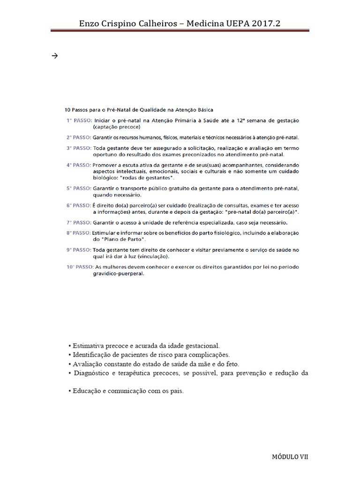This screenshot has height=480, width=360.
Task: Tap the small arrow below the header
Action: [54, 56]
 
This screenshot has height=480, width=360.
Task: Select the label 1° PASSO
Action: [78, 120]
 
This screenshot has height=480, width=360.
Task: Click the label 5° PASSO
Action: [78, 188]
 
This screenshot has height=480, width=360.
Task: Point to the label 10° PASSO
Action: [79, 267]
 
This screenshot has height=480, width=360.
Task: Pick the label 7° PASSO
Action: [78, 223]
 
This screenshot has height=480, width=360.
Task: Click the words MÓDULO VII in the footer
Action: [290, 457]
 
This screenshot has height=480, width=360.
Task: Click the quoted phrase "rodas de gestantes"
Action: [148, 179]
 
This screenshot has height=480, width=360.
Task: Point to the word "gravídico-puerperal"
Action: [118, 274]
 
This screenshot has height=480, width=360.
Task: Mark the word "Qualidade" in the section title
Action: [151, 109]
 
